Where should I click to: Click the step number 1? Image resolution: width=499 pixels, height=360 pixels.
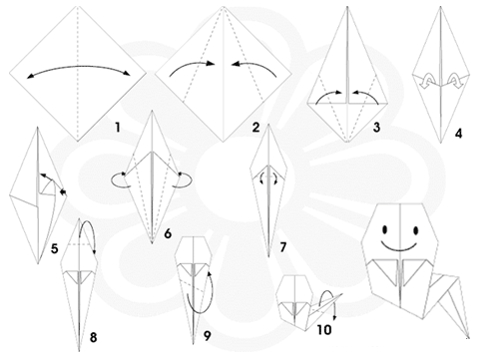point(117,128)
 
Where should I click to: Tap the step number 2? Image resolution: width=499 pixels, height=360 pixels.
point(255,128)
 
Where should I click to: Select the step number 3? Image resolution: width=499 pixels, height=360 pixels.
point(376,128)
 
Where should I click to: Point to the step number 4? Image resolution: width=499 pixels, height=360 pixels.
point(459,134)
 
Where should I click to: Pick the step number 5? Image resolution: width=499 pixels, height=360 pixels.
point(55,248)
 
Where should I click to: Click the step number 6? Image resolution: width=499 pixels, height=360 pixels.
point(168,233)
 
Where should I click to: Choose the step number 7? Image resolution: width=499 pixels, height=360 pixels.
point(283,247)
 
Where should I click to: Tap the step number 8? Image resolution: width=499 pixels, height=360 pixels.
point(94,337)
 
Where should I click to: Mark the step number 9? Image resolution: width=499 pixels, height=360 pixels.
point(208,336)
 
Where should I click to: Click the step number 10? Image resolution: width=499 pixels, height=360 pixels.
point(324,330)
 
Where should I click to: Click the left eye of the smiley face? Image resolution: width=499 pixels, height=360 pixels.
point(385,229)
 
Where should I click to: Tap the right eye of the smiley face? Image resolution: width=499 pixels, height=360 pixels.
point(415,230)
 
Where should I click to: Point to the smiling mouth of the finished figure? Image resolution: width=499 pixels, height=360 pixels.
point(399,249)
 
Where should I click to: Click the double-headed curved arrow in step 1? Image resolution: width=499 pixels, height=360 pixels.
point(79,66)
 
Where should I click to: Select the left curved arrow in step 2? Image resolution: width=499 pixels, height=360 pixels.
point(192,65)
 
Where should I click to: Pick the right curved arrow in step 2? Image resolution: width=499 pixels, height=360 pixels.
point(254,64)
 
